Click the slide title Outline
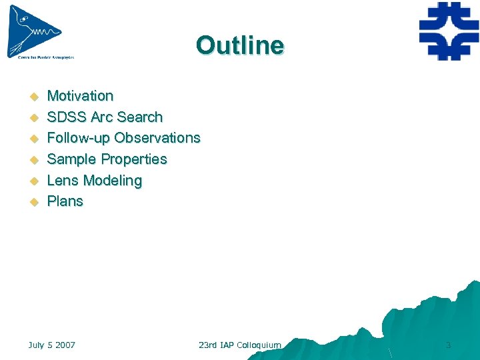[x=240, y=45]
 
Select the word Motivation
[x=80, y=96]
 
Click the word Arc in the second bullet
[x=102, y=117]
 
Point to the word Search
[x=140, y=117]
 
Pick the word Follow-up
[x=79, y=138]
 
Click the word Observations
[x=157, y=138]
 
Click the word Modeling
[x=113, y=181]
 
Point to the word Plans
[x=65, y=201]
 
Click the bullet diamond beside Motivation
[x=31, y=97]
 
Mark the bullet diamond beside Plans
[x=31, y=202]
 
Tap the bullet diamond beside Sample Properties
[x=31, y=160]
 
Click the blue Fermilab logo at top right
[x=448, y=31]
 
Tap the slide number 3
[x=448, y=345]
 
